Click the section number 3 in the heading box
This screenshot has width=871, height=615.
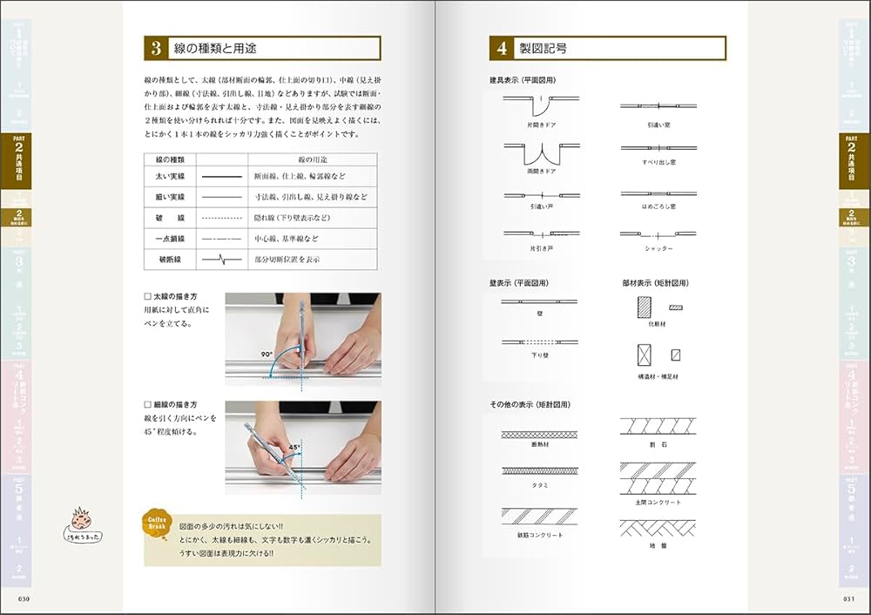tap(155, 48)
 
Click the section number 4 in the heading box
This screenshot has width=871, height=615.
tap(503, 48)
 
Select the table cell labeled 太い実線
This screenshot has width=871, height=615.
tap(170, 177)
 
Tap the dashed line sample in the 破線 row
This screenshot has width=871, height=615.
tap(222, 218)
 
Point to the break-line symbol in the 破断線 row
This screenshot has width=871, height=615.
tap(222, 259)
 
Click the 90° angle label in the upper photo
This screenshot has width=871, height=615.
tap(266, 355)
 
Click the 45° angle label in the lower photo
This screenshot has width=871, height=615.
tap(294, 448)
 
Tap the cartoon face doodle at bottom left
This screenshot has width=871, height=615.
tap(80, 521)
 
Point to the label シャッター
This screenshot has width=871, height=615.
tap(658, 248)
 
